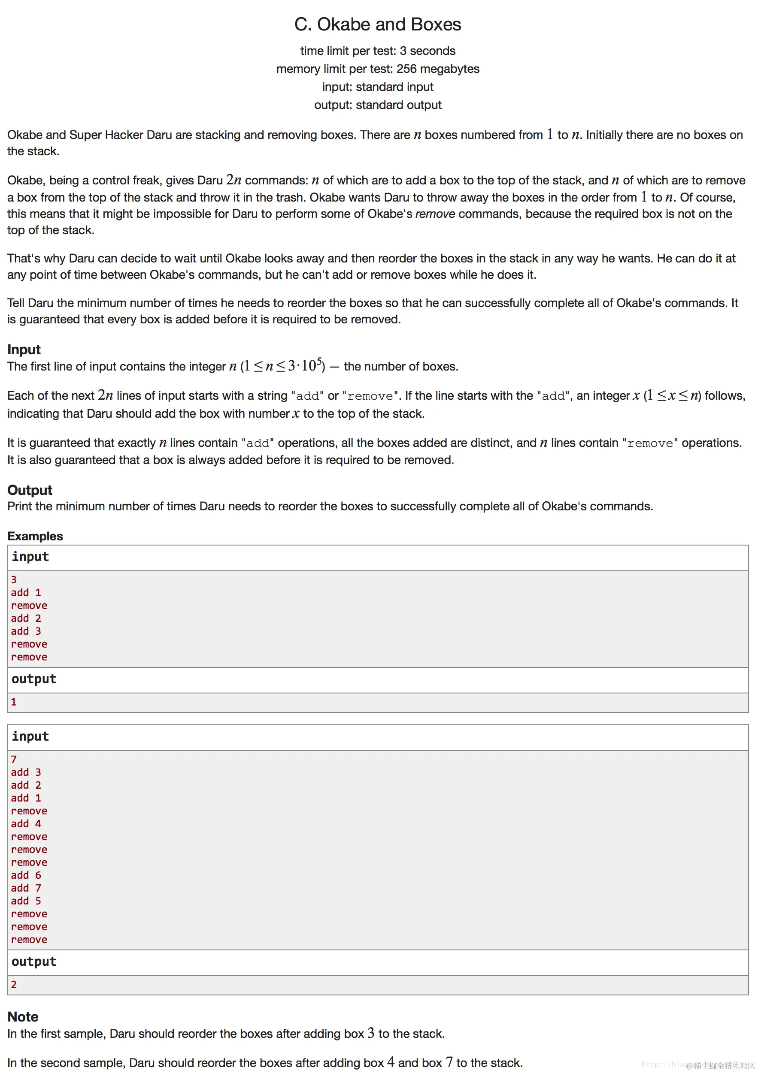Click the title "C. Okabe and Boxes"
point(377,24)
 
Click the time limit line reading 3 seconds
point(377,51)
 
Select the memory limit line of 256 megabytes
point(377,69)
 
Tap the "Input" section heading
point(24,349)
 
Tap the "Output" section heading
point(30,490)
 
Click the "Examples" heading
point(35,536)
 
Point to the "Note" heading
point(23,1016)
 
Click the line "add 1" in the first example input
point(26,593)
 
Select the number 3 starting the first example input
point(14,579)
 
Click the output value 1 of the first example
point(14,702)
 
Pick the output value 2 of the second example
point(14,985)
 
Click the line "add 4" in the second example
point(26,823)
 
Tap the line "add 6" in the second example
point(26,875)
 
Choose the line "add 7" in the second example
point(26,888)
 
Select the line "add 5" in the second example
point(26,901)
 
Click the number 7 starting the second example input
point(14,760)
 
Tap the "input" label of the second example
point(30,736)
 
